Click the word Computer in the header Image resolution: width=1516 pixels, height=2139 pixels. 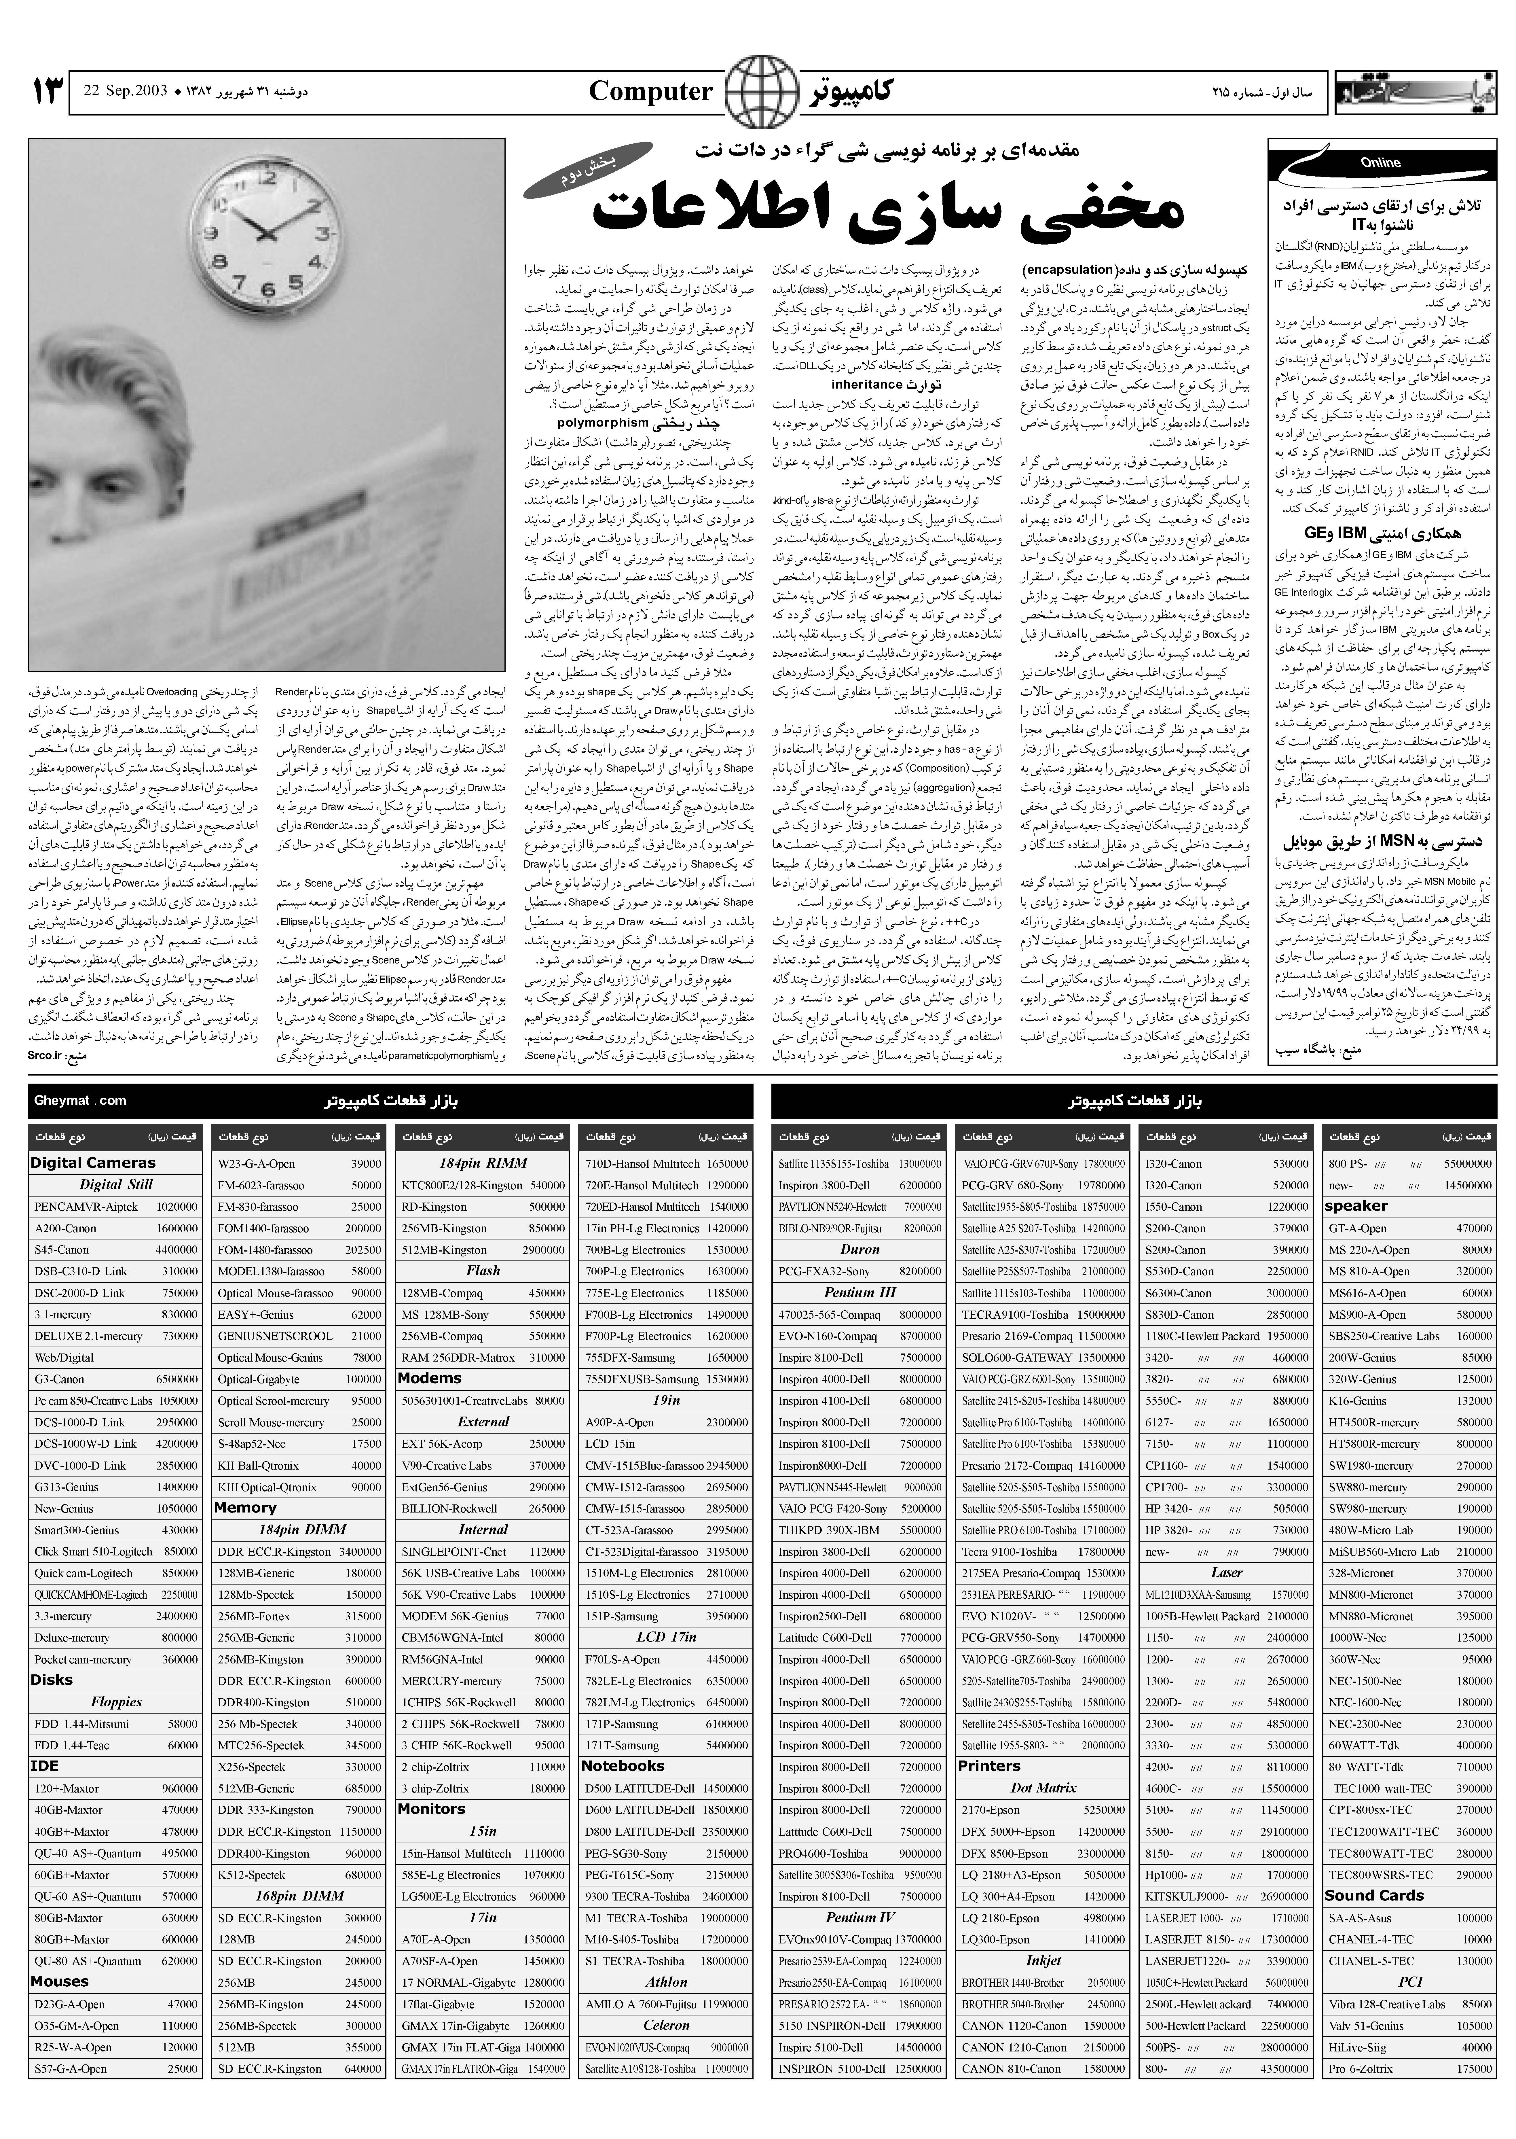coord(651,92)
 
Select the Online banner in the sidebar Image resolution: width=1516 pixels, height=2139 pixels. coord(1380,163)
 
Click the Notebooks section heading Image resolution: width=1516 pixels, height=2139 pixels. coord(623,1765)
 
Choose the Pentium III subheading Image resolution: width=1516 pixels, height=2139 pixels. coord(860,1292)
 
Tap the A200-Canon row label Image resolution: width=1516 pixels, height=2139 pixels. coord(65,1228)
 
